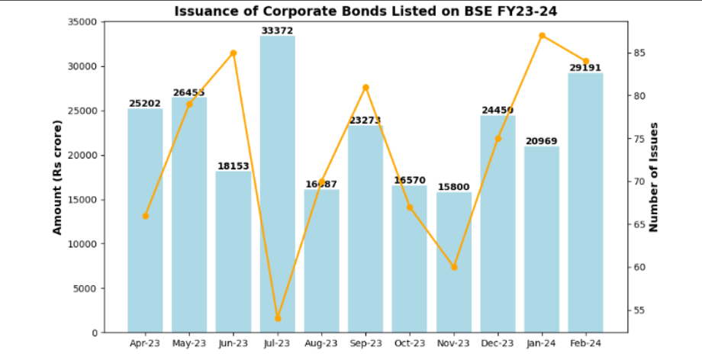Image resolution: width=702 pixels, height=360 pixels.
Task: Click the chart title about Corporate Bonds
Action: tap(361, 11)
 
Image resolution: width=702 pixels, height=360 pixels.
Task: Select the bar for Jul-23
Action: tap(277, 183)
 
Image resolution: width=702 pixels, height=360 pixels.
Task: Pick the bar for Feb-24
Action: tap(586, 202)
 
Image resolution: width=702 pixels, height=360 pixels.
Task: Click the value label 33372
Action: tap(277, 31)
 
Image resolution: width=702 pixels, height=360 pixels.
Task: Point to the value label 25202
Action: tap(145, 103)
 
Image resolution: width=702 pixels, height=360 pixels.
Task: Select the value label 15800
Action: tap(454, 187)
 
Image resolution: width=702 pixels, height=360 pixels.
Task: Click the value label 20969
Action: tap(542, 141)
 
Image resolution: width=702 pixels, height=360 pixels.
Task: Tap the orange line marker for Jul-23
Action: tap(278, 318)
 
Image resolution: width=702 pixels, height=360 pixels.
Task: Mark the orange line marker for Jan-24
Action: tap(542, 36)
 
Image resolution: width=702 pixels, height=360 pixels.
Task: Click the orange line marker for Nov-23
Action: tap(454, 267)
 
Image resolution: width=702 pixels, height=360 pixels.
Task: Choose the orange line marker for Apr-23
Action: tap(146, 216)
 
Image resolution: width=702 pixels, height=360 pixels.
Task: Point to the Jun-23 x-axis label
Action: tap(233, 344)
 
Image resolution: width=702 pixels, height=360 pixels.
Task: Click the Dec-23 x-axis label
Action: tap(498, 344)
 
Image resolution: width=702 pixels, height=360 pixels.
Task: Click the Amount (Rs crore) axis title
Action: tap(57, 177)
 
